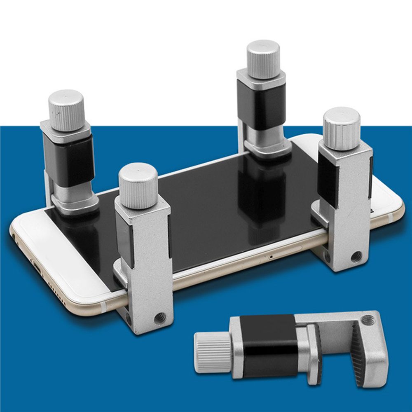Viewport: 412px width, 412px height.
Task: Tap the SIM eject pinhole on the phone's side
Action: click(270, 256)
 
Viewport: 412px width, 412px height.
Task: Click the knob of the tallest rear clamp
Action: click(263, 59)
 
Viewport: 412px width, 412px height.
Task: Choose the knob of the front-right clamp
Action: click(342, 127)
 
